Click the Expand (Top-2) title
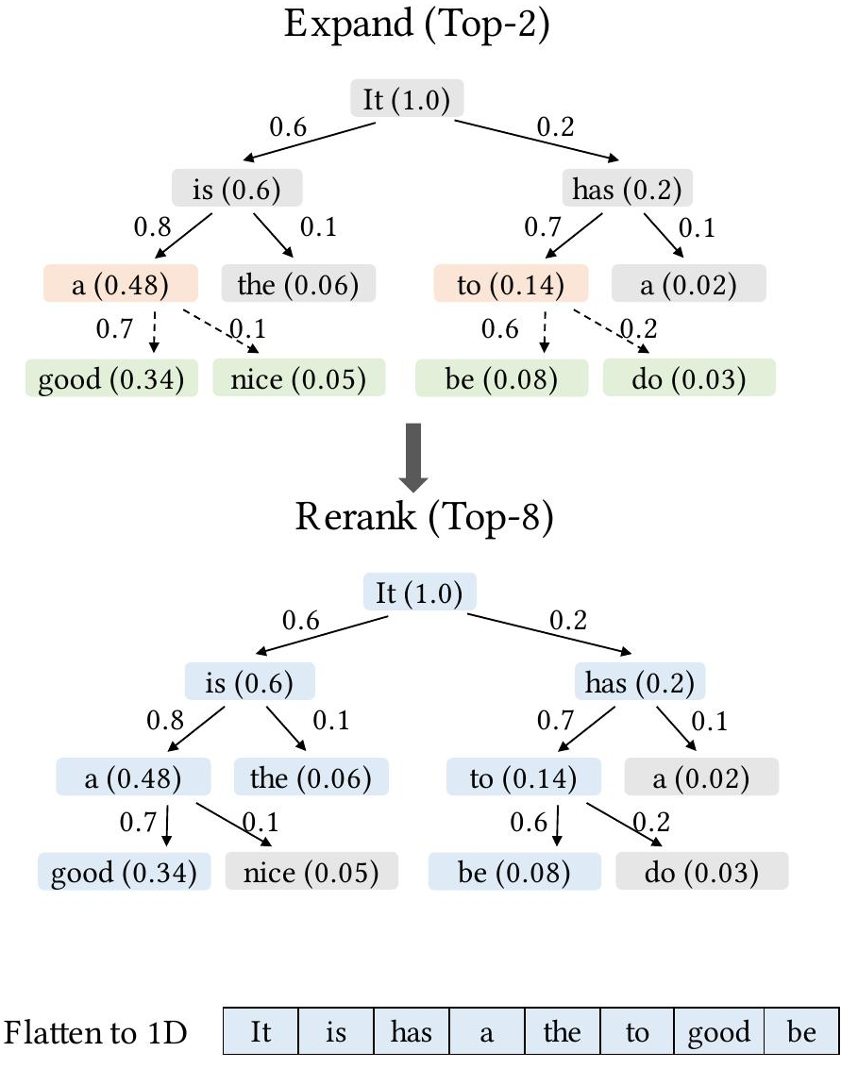click(416, 25)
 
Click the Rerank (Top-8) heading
click(425, 518)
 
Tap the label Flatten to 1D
click(96, 1032)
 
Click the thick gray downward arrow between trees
click(413, 458)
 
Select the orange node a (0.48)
click(121, 284)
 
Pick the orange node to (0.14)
click(511, 284)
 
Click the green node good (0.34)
click(111, 377)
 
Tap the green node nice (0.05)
click(298, 377)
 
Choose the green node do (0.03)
click(689, 377)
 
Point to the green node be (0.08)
click(501, 377)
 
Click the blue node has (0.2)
click(640, 681)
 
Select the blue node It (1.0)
click(419, 592)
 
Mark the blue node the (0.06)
click(311, 777)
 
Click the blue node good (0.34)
click(124, 871)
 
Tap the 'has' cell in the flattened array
click(412, 1031)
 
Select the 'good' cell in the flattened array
click(718, 1031)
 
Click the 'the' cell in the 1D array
click(562, 1031)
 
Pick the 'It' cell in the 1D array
click(261, 1031)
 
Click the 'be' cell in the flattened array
click(801, 1031)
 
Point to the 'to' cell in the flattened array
click(637, 1031)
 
